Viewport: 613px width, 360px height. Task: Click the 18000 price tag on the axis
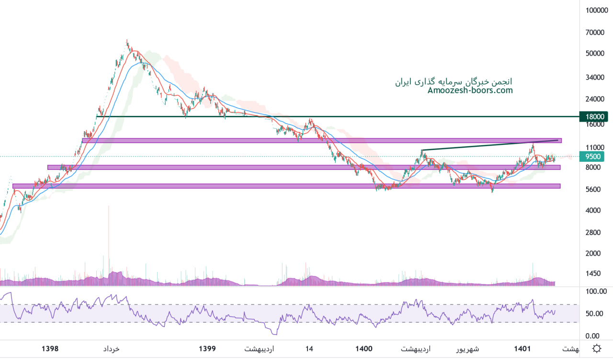(x=593, y=116)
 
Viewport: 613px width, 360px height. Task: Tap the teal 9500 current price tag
(x=593, y=156)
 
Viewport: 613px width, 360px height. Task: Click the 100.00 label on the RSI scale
(x=597, y=291)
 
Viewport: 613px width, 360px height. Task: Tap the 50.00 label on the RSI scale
(x=595, y=314)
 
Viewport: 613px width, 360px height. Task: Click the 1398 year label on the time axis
(x=50, y=349)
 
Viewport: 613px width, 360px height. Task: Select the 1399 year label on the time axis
(x=207, y=349)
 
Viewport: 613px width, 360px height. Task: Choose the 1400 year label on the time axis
(x=364, y=349)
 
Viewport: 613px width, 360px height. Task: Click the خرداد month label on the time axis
(x=111, y=349)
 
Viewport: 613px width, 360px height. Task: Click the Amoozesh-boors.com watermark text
(x=470, y=90)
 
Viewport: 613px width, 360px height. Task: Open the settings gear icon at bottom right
(x=597, y=349)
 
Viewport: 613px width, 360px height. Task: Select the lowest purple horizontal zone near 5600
(x=287, y=186)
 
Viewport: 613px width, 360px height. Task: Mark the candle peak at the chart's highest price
(x=127, y=41)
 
